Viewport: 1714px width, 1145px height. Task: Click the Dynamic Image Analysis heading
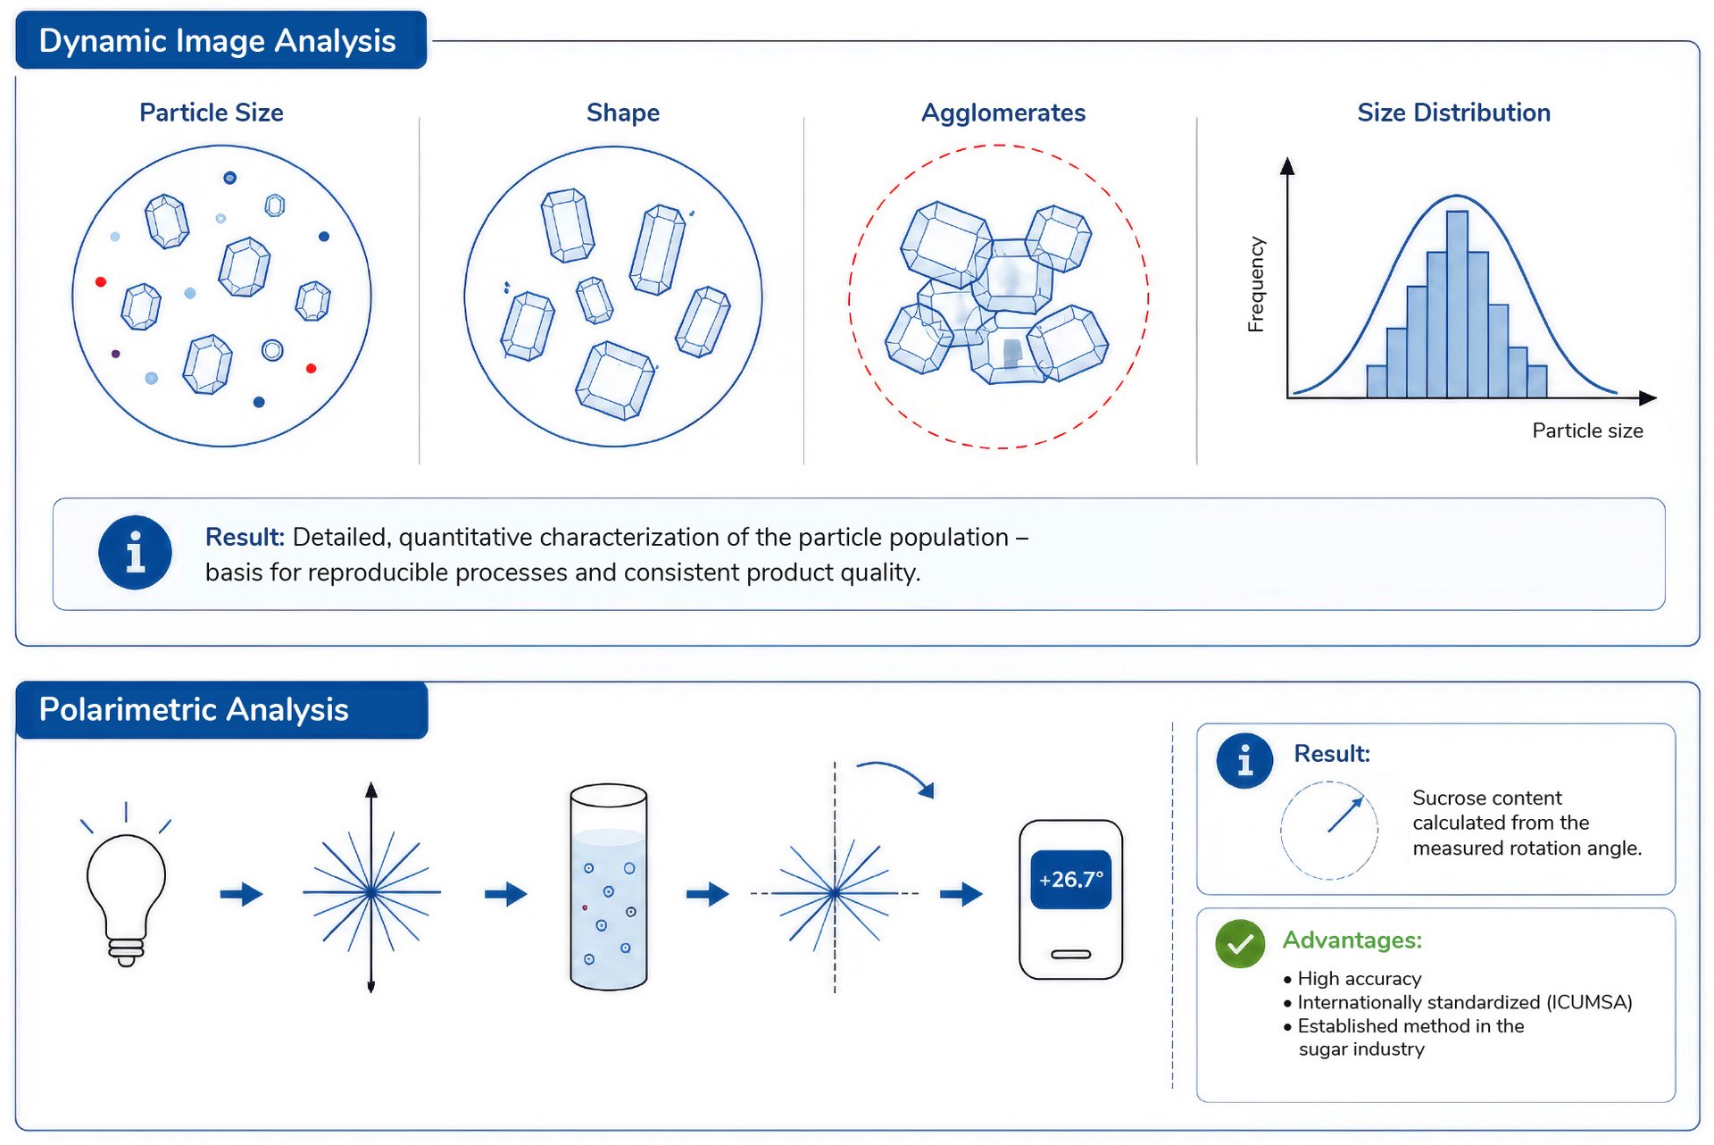pyautogui.click(x=217, y=41)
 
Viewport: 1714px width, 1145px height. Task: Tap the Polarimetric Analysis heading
pyautogui.click(x=194, y=710)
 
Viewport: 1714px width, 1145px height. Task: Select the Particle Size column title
pyautogui.click(x=212, y=113)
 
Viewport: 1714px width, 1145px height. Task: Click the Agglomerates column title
pyautogui.click(x=1003, y=113)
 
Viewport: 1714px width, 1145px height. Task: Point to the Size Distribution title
pyautogui.click(x=1453, y=113)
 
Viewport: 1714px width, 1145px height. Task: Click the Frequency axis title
pyautogui.click(x=1256, y=284)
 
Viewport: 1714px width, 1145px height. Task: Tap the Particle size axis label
pyautogui.click(x=1587, y=430)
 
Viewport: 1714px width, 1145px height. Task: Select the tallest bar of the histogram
pyautogui.click(x=1457, y=304)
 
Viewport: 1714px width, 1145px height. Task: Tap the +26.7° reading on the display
pyautogui.click(x=1070, y=880)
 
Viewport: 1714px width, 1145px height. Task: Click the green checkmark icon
pyautogui.click(x=1240, y=944)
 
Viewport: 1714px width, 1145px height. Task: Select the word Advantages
pyautogui.click(x=1352, y=940)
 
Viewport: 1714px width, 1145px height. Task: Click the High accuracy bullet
pyautogui.click(x=1352, y=979)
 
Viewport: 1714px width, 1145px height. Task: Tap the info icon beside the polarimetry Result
pyautogui.click(x=1244, y=761)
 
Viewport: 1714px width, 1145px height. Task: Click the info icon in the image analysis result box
pyautogui.click(x=135, y=553)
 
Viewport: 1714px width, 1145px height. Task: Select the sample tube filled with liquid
pyautogui.click(x=608, y=887)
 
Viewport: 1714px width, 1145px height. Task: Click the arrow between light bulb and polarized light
pyautogui.click(x=241, y=893)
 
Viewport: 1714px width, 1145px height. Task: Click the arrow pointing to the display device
pyautogui.click(x=961, y=893)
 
